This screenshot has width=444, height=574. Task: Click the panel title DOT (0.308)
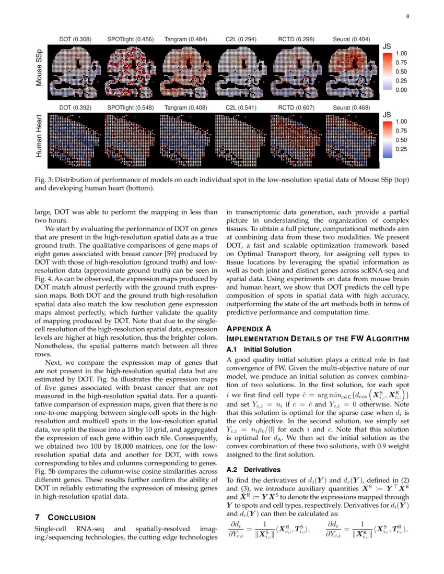pos(75,39)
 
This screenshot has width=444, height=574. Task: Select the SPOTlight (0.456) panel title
pos(131,39)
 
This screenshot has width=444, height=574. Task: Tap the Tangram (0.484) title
pos(185,39)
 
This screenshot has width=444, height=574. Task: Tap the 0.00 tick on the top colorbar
pos(402,90)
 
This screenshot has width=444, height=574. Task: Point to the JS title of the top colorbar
pos(387,46)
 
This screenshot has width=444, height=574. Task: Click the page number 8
pos(407,17)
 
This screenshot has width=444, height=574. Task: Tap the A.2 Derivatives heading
pos(247,470)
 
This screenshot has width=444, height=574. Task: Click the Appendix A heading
pos(249,329)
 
